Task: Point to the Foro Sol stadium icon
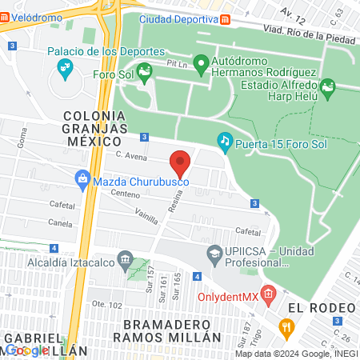pyautogui.click(x=144, y=75)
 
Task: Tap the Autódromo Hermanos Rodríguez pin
pyautogui.click(x=201, y=62)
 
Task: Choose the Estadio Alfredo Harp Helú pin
pyautogui.click(x=326, y=86)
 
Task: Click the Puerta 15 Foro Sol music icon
pyautogui.click(x=225, y=142)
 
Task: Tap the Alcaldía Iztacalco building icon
pyautogui.click(x=124, y=259)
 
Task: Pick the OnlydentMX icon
pyautogui.click(x=268, y=294)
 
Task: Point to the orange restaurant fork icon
pyautogui.click(x=286, y=326)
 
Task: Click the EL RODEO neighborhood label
pyautogui.click(x=321, y=308)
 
